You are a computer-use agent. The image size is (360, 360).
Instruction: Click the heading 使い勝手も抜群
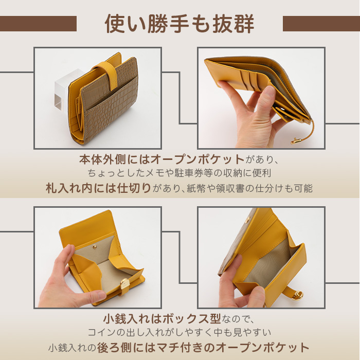click(179, 23)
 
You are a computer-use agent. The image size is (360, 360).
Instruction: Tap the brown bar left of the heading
click(38, 24)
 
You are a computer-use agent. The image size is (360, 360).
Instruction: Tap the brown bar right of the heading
click(321, 24)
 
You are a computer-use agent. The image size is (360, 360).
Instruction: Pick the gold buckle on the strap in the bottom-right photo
click(298, 295)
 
